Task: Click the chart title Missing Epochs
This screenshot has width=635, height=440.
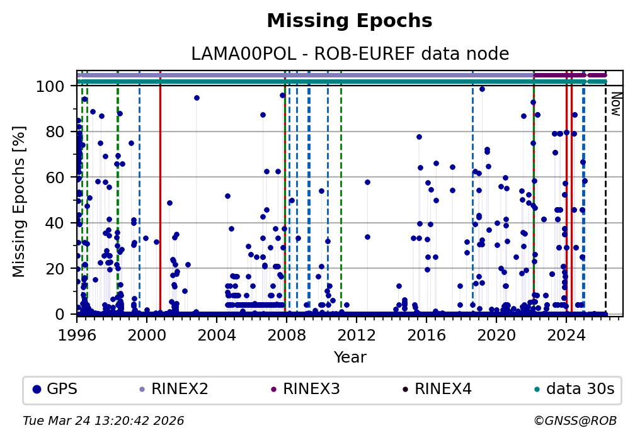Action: pos(350,21)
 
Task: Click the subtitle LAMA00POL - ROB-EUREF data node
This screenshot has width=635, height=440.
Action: pos(350,54)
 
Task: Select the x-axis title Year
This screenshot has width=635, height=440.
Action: pos(350,358)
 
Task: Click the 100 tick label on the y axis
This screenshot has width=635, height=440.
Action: pos(57,86)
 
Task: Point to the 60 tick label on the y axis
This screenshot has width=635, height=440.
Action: pos(60,177)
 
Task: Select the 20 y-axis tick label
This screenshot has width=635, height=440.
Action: pos(60,268)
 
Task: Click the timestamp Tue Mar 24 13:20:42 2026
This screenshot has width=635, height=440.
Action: pos(103,420)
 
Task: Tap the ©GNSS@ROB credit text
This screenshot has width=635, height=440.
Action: pos(575,420)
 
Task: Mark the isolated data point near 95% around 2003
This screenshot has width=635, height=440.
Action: pos(197,98)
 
